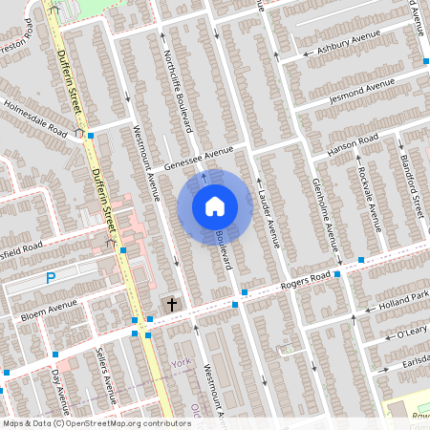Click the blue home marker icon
coord(215,205)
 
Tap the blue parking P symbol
coord(52,278)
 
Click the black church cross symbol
coord(172,305)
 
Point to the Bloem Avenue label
coord(48,309)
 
